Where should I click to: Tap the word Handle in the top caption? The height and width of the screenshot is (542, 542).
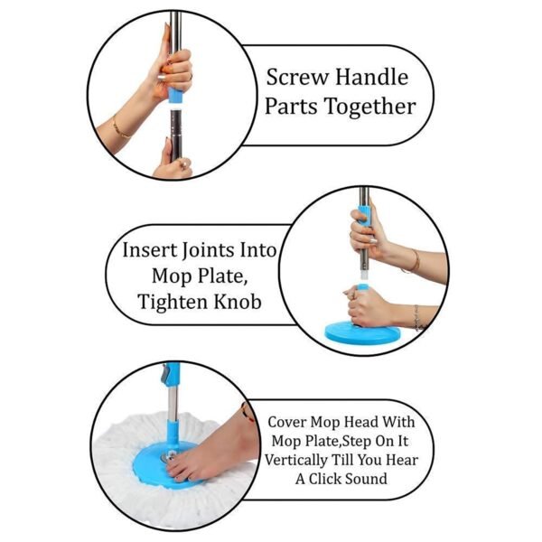click(371, 76)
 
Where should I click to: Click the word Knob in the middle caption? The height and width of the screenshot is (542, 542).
click(238, 301)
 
